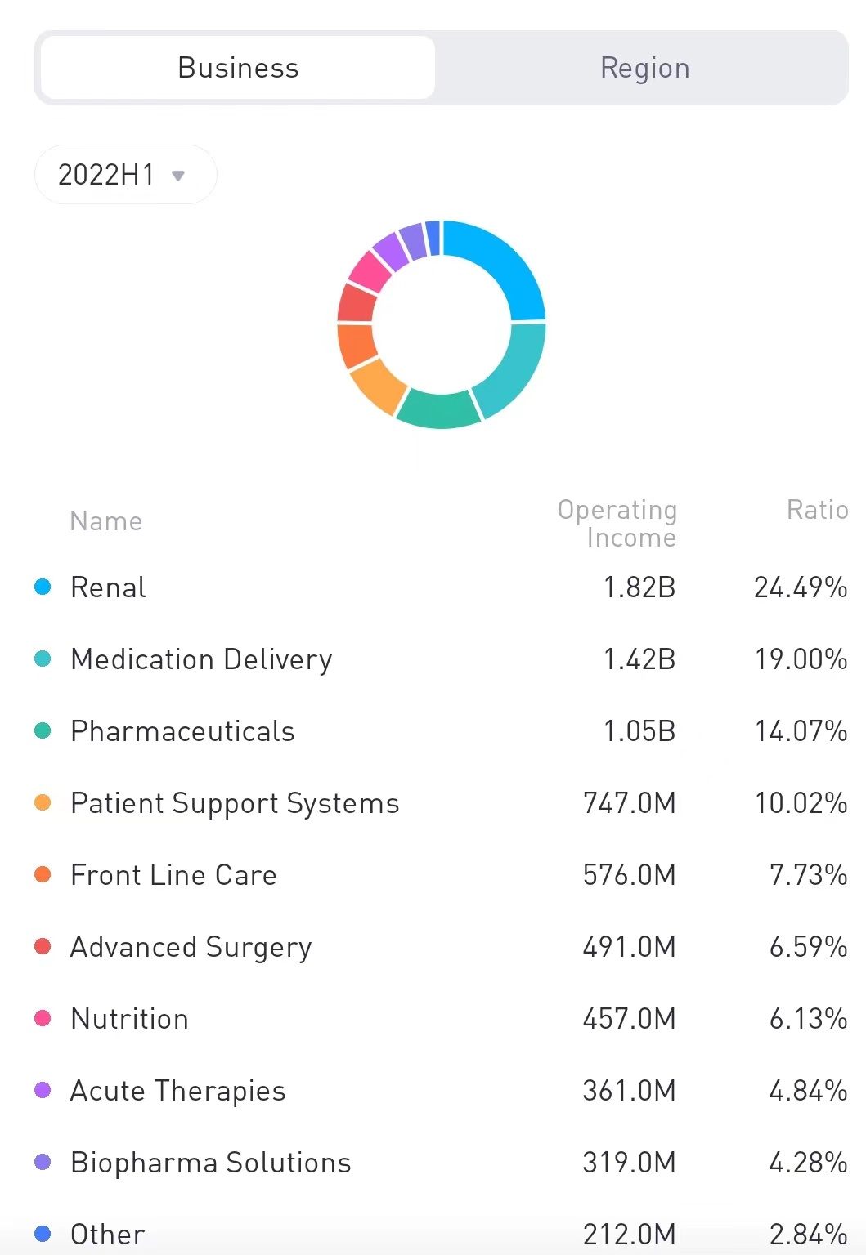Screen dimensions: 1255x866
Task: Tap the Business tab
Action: (x=238, y=68)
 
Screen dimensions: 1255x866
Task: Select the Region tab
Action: (x=644, y=68)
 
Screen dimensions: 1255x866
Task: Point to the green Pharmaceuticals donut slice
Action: (x=438, y=409)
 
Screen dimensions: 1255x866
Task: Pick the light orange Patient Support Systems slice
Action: (x=376, y=384)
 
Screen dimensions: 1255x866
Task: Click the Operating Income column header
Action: (x=617, y=523)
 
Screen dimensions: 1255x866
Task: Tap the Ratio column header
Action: (x=817, y=510)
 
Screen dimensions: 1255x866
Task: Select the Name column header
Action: (x=106, y=521)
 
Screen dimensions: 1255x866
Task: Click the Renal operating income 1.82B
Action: (x=639, y=587)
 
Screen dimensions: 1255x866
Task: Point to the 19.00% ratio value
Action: (x=800, y=659)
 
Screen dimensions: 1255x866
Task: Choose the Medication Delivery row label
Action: (x=201, y=659)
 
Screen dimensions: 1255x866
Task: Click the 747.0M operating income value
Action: (x=629, y=803)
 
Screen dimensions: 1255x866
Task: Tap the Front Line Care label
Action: (x=173, y=875)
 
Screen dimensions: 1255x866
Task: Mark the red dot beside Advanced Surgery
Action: (x=43, y=947)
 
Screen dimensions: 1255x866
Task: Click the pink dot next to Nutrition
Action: (x=43, y=1019)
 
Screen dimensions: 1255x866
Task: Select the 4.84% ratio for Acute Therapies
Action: (x=807, y=1091)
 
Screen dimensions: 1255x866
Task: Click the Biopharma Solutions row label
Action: (x=210, y=1163)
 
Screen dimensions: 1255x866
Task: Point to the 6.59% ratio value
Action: (x=807, y=947)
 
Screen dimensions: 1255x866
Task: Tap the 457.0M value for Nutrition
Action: (x=629, y=1019)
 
